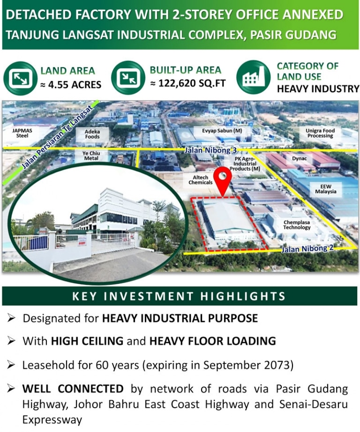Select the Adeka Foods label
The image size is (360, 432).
coord(92,134)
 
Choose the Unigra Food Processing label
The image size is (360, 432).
coord(320,133)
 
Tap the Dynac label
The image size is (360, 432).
coord(300,158)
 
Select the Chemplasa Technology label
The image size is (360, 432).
coord(297,224)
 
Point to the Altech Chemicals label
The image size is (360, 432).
coord(201,180)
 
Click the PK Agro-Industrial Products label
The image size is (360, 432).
coord(247,164)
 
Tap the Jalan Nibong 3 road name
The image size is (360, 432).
coord(202,150)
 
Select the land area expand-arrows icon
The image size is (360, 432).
coord(19,78)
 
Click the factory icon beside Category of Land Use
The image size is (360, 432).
coord(253,77)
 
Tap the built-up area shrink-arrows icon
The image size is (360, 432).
coord(127,78)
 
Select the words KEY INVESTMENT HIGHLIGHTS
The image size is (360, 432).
coord(179,296)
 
